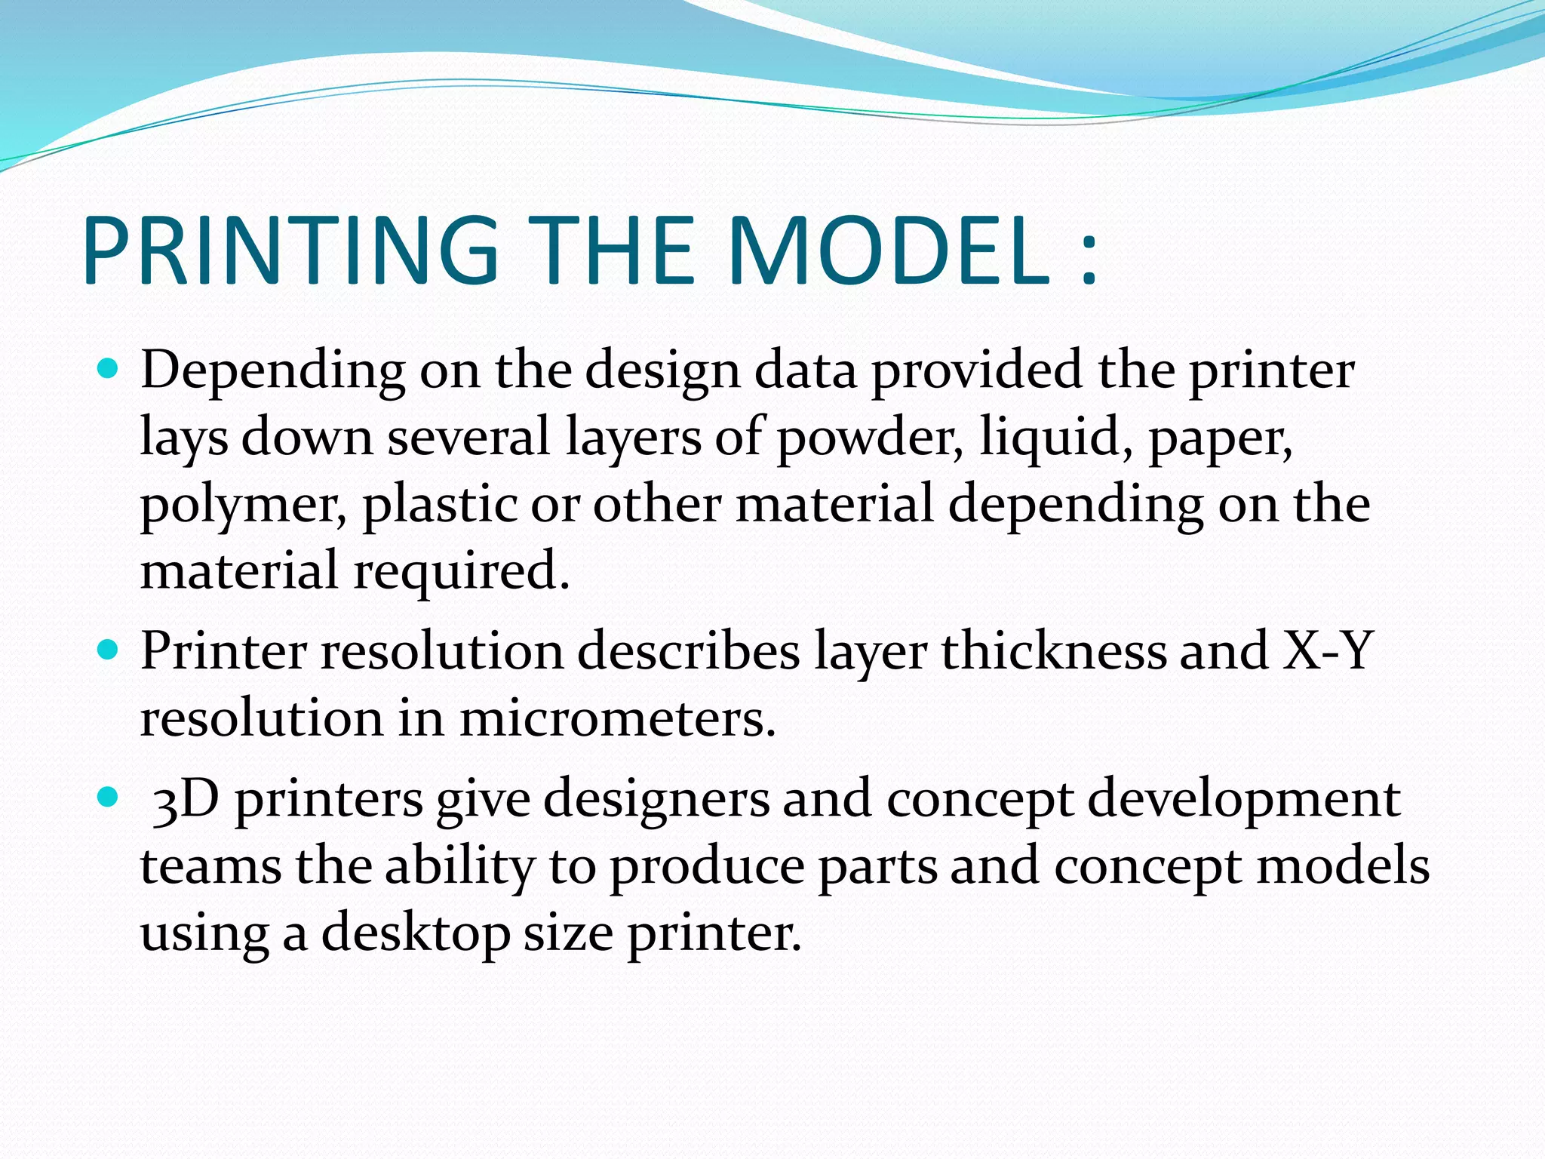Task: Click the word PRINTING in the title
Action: coord(290,251)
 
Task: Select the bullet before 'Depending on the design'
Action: coord(109,369)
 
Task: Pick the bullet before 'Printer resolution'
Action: coord(109,650)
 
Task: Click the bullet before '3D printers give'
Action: coord(109,797)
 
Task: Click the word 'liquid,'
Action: coord(1056,438)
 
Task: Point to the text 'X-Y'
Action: coord(1327,650)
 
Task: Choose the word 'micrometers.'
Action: coord(617,718)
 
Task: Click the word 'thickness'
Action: coord(1053,650)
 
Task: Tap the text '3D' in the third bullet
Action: coord(186,799)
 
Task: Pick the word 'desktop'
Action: coord(416,934)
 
